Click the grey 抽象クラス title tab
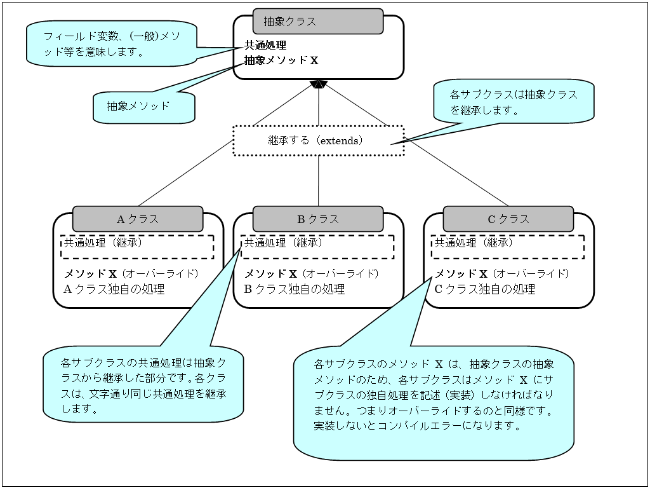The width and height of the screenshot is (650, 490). coord(318,21)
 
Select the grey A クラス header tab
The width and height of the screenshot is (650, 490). coord(138,219)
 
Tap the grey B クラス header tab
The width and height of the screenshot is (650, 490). coord(318,219)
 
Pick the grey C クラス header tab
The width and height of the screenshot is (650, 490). coord(508,219)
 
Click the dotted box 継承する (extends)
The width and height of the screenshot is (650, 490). coord(318,140)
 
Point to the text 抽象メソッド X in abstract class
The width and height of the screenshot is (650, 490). coord(281,60)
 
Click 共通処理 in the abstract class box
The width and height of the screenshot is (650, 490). coord(265,45)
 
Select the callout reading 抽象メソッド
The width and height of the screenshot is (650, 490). coord(143,106)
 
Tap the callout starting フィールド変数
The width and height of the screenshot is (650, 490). coord(112,44)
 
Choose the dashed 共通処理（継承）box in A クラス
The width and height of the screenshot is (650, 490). coord(137,247)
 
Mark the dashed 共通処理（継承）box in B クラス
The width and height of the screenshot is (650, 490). coord(317,247)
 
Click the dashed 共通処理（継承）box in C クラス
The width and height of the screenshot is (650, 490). coord(508,247)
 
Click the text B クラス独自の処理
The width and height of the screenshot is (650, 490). coord(295,289)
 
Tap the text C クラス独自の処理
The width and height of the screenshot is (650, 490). coord(485,289)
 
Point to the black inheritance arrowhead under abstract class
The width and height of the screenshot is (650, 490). coord(318,85)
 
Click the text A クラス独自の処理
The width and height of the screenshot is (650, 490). coord(114,289)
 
